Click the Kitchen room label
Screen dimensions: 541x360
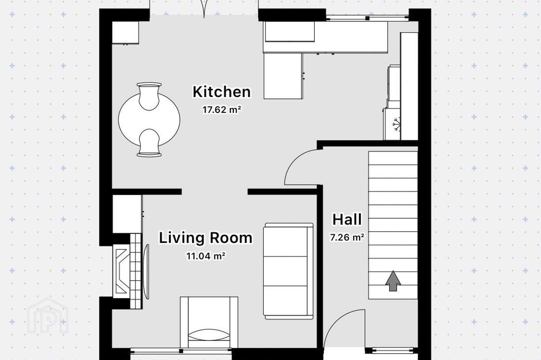(222, 92)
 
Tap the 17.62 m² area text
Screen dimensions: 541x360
(222, 110)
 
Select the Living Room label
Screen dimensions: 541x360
(206, 238)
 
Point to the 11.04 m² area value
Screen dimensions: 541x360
(206, 256)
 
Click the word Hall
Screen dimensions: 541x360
(347, 219)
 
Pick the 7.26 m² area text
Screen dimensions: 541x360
(347, 237)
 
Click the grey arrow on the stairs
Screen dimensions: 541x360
(393, 280)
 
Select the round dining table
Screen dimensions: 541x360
(149, 120)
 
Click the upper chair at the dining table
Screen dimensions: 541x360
(149, 96)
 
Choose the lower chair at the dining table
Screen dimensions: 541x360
(149, 143)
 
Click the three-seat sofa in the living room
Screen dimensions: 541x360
(288, 271)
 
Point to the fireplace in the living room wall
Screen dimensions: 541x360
(127, 271)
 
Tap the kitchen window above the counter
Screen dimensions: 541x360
(367, 18)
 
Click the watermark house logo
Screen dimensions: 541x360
(48, 316)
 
